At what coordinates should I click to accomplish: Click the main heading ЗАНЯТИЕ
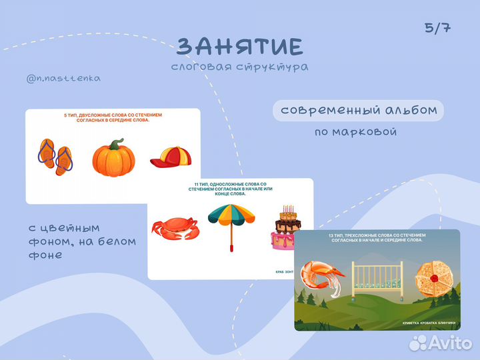[x=240, y=46]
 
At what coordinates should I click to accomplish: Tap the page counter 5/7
[x=437, y=28]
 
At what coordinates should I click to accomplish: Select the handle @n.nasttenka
[x=64, y=79]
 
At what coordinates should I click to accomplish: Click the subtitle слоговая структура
[x=239, y=67]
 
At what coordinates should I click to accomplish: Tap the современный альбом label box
[x=359, y=110]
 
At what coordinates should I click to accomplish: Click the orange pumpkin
[x=113, y=159]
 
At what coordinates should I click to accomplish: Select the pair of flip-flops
[x=55, y=156]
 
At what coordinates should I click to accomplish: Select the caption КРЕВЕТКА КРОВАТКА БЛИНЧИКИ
[x=429, y=323]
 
